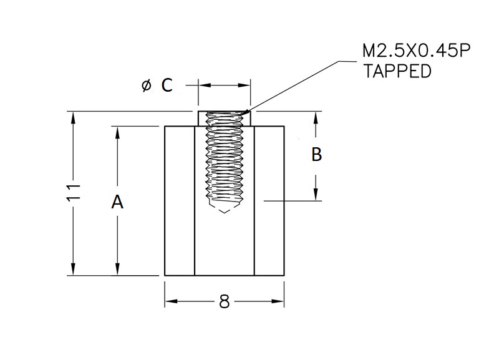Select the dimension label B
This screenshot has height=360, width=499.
(x=316, y=154)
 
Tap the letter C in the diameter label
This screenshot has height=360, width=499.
(x=167, y=85)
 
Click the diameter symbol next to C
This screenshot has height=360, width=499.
(x=146, y=86)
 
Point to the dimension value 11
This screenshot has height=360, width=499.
(x=74, y=192)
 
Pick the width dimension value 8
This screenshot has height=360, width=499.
(x=225, y=302)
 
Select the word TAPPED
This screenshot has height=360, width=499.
(x=397, y=71)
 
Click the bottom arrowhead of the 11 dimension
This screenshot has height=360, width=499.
(x=74, y=270)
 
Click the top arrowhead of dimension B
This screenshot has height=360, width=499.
(x=316, y=117)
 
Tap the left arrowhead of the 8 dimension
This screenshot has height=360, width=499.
(x=170, y=302)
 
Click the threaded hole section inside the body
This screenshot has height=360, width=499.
(x=224, y=162)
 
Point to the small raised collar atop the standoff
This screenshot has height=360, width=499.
(x=224, y=119)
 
